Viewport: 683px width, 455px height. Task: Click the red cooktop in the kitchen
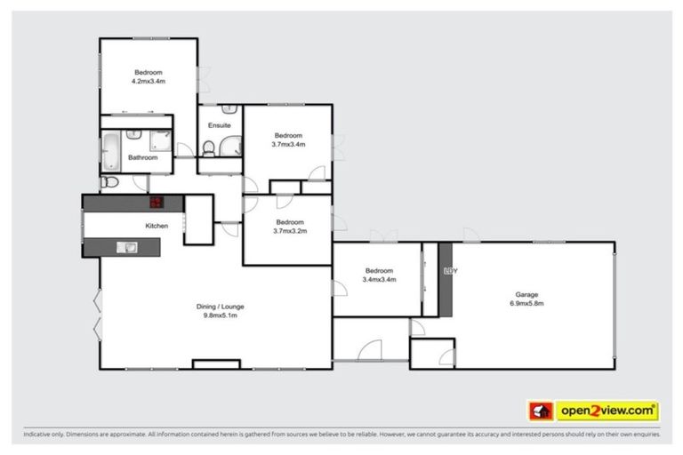(x=157, y=203)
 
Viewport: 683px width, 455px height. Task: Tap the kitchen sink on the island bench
(x=128, y=247)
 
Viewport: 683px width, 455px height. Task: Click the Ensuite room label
(x=220, y=125)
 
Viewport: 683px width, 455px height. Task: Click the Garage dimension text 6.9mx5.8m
(x=526, y=303)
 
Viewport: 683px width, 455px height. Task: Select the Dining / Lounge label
(x=220, y=307)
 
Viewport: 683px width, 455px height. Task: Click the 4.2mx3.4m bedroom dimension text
(x=149, y=81)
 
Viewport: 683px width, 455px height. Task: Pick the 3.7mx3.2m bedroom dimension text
(x=290, y=231)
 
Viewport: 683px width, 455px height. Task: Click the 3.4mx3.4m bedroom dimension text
(x=379, y=279)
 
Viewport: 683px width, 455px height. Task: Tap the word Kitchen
(x=157, y=226)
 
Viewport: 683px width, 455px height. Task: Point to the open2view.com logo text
(x=607, y=411)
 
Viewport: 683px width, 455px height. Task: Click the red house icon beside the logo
(x=541, y=411)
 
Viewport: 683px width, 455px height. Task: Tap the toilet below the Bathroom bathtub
(x=108, y=181)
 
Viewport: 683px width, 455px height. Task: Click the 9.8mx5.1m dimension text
(x=220, y=315)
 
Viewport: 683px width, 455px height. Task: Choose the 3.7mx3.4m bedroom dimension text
(x=289, y=144)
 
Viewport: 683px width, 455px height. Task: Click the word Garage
(x=526, y=294)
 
